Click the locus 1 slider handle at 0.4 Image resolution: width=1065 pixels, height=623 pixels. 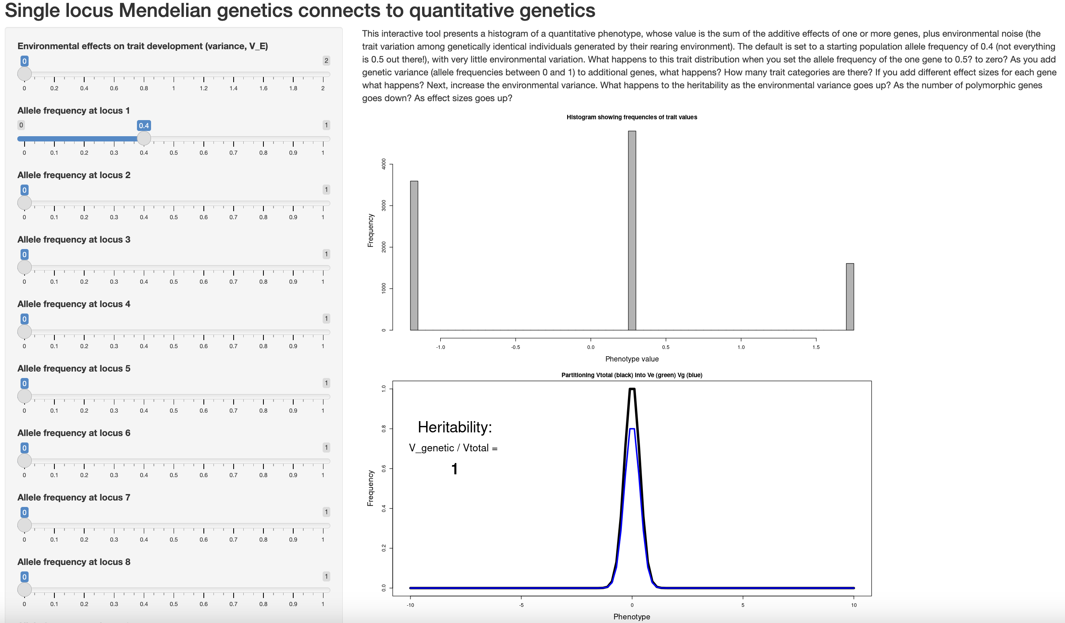tap(144, 138)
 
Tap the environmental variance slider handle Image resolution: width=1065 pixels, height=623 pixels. tap(25, 74)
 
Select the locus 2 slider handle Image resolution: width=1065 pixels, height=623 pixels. tap(25, 203)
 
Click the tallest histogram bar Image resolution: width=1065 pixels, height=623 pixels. tap(632, 231)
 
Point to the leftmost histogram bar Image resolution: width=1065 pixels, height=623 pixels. tap(414, 255)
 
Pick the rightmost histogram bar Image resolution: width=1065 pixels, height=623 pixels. tap(850, 297)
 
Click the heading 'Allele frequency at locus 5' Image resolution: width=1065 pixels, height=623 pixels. tap(74, 368)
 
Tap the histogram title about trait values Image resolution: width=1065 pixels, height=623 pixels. tap(632, 117)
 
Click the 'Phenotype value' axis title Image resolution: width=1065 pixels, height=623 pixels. tap(632, 359)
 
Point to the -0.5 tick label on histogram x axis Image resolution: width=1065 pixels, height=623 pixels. tap(515, 347)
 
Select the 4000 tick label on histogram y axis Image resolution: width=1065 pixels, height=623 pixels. tap(384, 164)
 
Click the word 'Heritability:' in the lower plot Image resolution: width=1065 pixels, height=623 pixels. tap(455, 427)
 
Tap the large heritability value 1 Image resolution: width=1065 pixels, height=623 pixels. tap(454, 469)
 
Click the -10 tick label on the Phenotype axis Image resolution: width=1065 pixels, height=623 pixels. tap(410, 605)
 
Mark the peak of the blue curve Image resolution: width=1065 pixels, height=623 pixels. tap(632, 429)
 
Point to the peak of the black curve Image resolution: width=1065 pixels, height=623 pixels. tap(632, 389)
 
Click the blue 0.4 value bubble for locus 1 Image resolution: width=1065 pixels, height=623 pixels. tap(144, 126)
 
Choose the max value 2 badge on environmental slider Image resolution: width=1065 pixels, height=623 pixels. tap(326, 61)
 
